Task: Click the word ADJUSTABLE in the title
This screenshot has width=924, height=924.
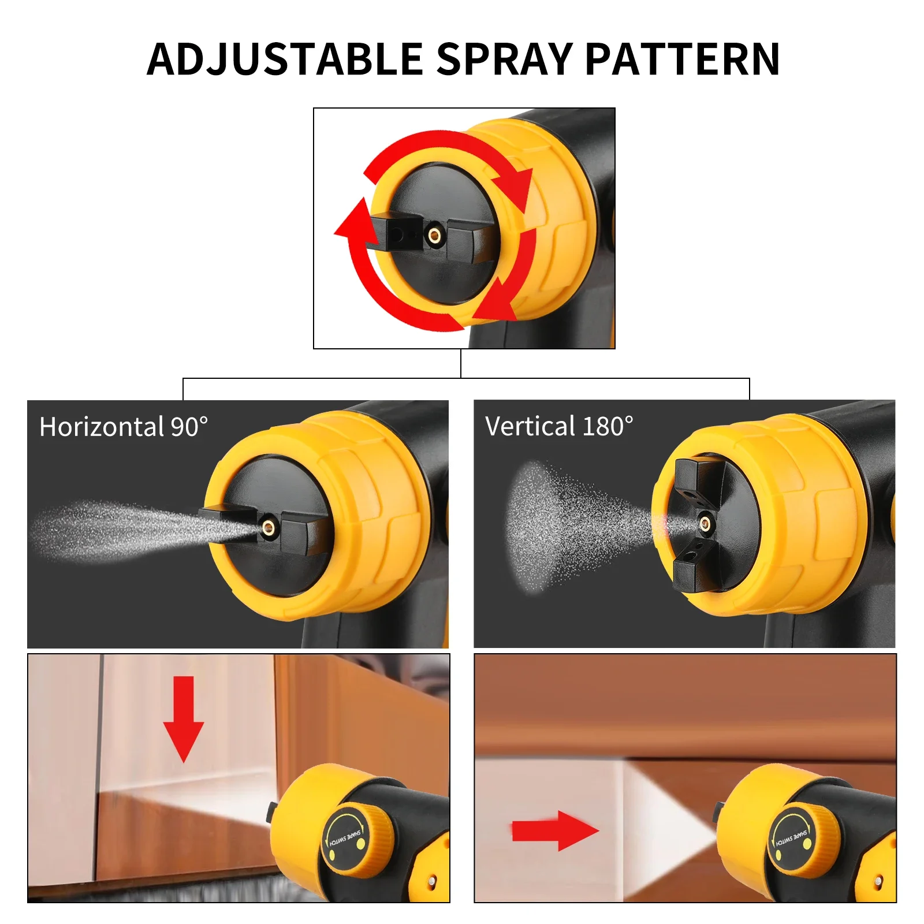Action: pos(284,59)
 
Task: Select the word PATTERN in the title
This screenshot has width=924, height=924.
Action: pos(682,59)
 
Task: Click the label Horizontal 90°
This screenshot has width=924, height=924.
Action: pos(124,427)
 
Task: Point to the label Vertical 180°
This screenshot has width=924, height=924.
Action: pos(559,427)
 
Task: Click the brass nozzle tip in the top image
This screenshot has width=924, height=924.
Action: pos(434,235)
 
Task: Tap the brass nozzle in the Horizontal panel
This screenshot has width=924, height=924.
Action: pos(269,526)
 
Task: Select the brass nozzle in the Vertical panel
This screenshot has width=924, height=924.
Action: pos(705,524)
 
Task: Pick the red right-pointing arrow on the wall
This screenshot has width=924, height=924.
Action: pos(554,830)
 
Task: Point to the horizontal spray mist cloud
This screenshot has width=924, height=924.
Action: pos(115,530)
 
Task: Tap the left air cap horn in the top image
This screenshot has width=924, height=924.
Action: pos(397,233)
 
